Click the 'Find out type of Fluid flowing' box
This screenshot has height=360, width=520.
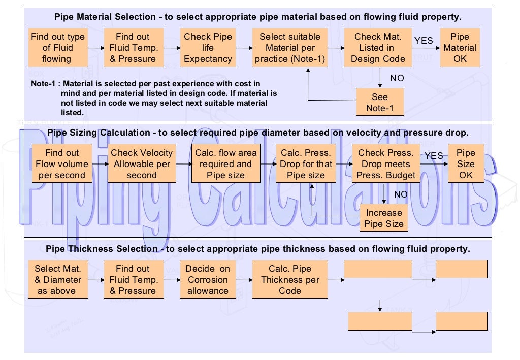(58, 48)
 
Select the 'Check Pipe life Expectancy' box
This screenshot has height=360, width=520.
(207, 48)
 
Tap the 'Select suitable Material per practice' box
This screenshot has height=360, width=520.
(290, 48)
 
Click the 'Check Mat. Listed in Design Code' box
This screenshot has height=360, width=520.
(378, 48)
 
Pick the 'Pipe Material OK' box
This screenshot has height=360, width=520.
(460, 48)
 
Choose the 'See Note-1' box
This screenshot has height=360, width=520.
(380, 103)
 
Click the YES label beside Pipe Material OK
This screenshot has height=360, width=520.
(424, 41)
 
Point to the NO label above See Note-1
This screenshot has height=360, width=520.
(397, 78)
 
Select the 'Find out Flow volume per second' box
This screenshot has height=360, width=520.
(62, 164)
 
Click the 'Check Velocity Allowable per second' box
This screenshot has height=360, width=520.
(142, 164)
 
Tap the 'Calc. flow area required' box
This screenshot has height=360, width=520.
(225, 164)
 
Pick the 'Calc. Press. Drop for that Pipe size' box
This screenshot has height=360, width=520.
(306, 164)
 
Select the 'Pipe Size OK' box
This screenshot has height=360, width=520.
(466, 164)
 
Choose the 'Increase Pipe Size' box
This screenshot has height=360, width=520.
(384, 218)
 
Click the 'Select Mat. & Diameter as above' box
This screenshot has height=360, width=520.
(58, 280)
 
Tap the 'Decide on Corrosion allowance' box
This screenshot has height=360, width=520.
(207, 280)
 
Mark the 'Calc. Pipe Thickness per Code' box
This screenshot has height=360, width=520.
(290, 280)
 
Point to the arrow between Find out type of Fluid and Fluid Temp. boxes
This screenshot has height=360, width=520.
(95, 48)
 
